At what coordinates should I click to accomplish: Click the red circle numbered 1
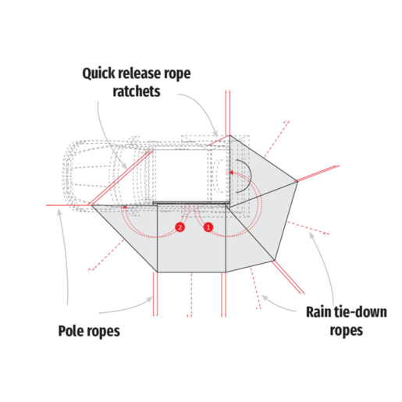tap(208, 227)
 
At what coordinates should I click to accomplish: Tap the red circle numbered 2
tap(180, 227)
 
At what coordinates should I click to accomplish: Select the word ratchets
tap(137, 91)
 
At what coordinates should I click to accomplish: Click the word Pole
tap(71, 331)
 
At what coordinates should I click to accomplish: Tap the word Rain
tap(318, 311)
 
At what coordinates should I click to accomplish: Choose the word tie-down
tap(360, 311)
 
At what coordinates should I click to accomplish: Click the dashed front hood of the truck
tap(86, 176)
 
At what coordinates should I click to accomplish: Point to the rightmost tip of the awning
tap(297, 181)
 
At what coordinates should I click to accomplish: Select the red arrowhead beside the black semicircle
tap(231, 173)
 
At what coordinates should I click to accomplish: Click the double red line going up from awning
tap(228, 112)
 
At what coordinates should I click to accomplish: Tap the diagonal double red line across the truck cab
tap(121, 177)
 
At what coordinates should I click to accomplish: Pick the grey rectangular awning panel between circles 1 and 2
tap(191, 238)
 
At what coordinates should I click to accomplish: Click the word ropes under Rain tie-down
tap(347, 331)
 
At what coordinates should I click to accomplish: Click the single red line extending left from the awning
tap(69, 205)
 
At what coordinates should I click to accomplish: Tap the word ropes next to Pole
tap(104, 331)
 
